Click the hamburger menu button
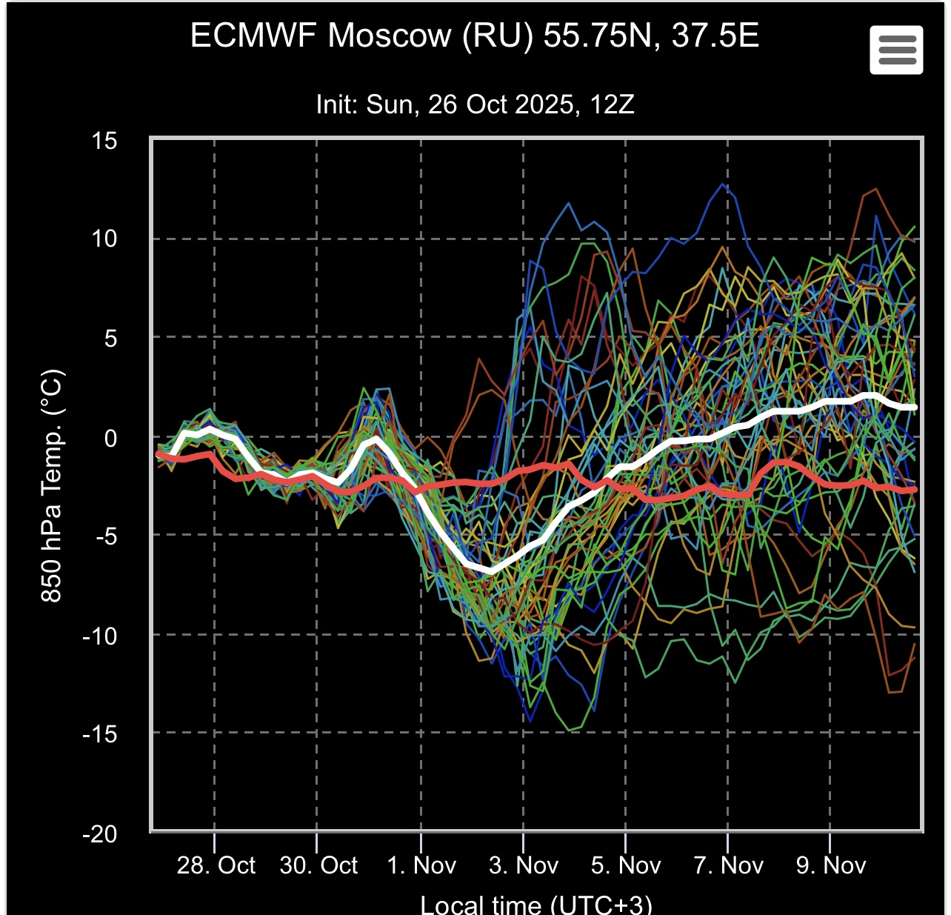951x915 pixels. pyautogui.click(x=896, y=50)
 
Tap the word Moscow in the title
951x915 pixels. pyautogui.click(x=390, y=36)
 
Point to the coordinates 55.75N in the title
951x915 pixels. pyautogui.click(x=601, y=36)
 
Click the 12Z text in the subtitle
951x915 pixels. pyautogui.click(x=613, y=104)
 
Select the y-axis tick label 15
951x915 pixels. pyautogui.click(x=104, y=141)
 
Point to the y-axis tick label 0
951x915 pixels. pyautogui.click(x=110, y=438)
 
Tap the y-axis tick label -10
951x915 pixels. pyautogui.click(x=100, y=636)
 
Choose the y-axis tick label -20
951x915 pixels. pyautogui.click(x=100, y=834)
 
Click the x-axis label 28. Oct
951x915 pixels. pyautogui.click(x=216, y=865)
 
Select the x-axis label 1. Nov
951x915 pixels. pyautogui.click(x=421, y=865)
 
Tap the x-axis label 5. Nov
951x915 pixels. pyautogui.click(x=626, y=865)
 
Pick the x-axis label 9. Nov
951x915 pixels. pyautogui.click(x=830, y=865)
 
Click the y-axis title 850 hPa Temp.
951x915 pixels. pyautogui.click(x=52, y=485)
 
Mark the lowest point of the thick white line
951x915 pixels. pyautogui.click(x=490, y=570)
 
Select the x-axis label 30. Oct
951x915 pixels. pyautogui.click(x=318, y=865)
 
